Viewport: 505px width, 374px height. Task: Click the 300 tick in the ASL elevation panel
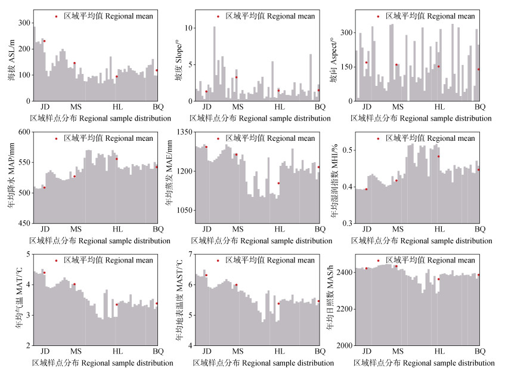(x=23, y=23)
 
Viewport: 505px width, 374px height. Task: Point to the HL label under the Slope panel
(x=279, y=107)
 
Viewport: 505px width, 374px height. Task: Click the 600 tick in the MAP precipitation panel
(x=23, y=132)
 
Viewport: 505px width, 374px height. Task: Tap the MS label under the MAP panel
(x=76, y=229)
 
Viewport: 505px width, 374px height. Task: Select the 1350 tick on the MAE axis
(x=183, y=132)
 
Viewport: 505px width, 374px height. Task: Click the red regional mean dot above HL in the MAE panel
(x=278, y=183)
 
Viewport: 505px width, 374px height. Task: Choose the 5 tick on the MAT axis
(x=28, y=255)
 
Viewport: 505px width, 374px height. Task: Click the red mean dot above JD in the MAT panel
(x=44, y=273)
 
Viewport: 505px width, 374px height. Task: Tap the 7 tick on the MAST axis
(x=188, y=255)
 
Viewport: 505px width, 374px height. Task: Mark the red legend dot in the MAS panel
(x=378, y=261)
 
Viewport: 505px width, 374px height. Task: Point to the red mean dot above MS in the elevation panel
(x=75, y=63)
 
